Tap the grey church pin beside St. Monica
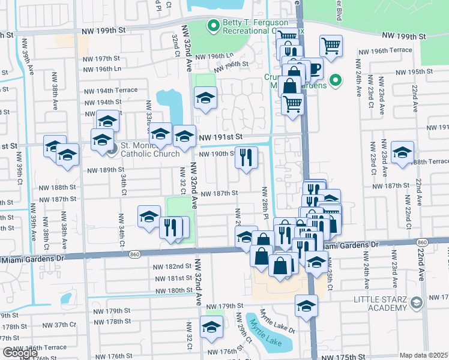[x=112, y=149]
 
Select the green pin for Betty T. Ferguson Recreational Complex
[x=212, y=26]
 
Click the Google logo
[x=19, y=353]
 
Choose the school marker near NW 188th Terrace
[x=402, y=152]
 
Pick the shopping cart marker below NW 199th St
[x=330, y=46]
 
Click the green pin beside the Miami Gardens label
[x=336, y=79]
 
